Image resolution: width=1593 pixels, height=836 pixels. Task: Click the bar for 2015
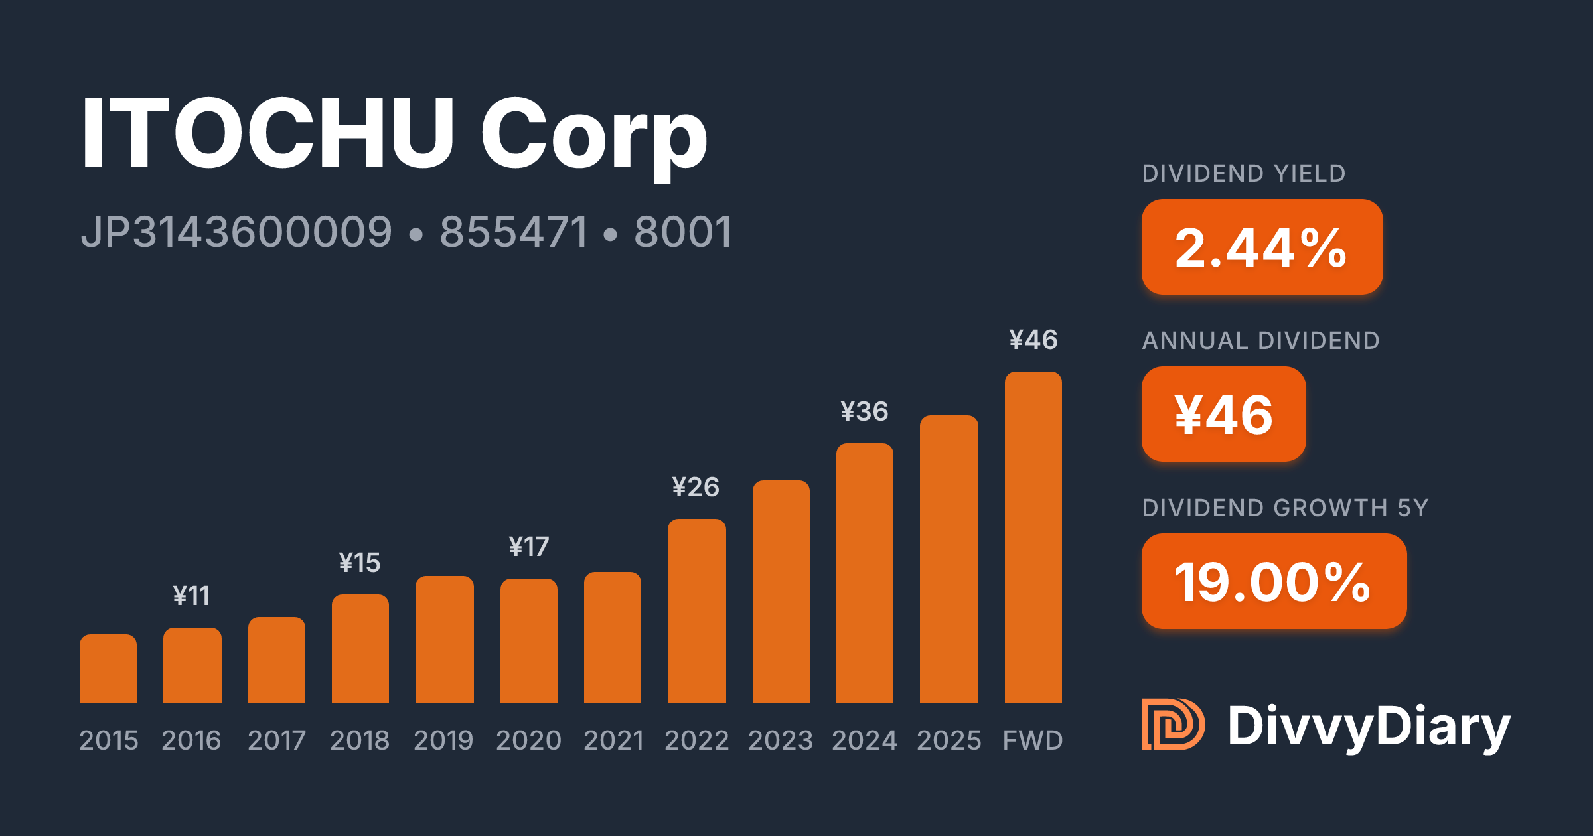108,669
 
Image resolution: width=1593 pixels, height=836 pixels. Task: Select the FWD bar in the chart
1033,537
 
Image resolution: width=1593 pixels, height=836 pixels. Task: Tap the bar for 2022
697,611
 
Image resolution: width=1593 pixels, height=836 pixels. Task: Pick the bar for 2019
445,640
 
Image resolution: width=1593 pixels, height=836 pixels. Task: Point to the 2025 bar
949,559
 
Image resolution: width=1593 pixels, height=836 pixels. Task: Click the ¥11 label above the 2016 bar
192,596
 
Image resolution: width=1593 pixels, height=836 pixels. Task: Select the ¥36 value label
864,411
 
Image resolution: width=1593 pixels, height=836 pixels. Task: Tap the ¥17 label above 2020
529,547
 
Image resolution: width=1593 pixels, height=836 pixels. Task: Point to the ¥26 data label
696,487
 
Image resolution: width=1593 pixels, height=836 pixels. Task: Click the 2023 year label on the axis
781,740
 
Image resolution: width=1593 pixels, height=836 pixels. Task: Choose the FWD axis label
1033,740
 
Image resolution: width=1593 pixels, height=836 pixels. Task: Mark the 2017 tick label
277,740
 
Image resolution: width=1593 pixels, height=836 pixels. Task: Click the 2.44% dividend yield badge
1262,247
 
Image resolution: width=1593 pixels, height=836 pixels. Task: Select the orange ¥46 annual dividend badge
1224,414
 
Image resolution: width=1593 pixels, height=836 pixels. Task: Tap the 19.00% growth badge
1274,581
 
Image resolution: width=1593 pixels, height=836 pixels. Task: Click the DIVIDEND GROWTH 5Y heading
1285,508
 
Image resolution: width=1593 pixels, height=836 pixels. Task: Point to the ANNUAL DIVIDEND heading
1261,340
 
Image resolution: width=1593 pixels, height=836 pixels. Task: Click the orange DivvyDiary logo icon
1173,725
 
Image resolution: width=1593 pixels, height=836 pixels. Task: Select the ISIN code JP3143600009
237,232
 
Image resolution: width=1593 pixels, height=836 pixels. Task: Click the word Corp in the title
594,136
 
